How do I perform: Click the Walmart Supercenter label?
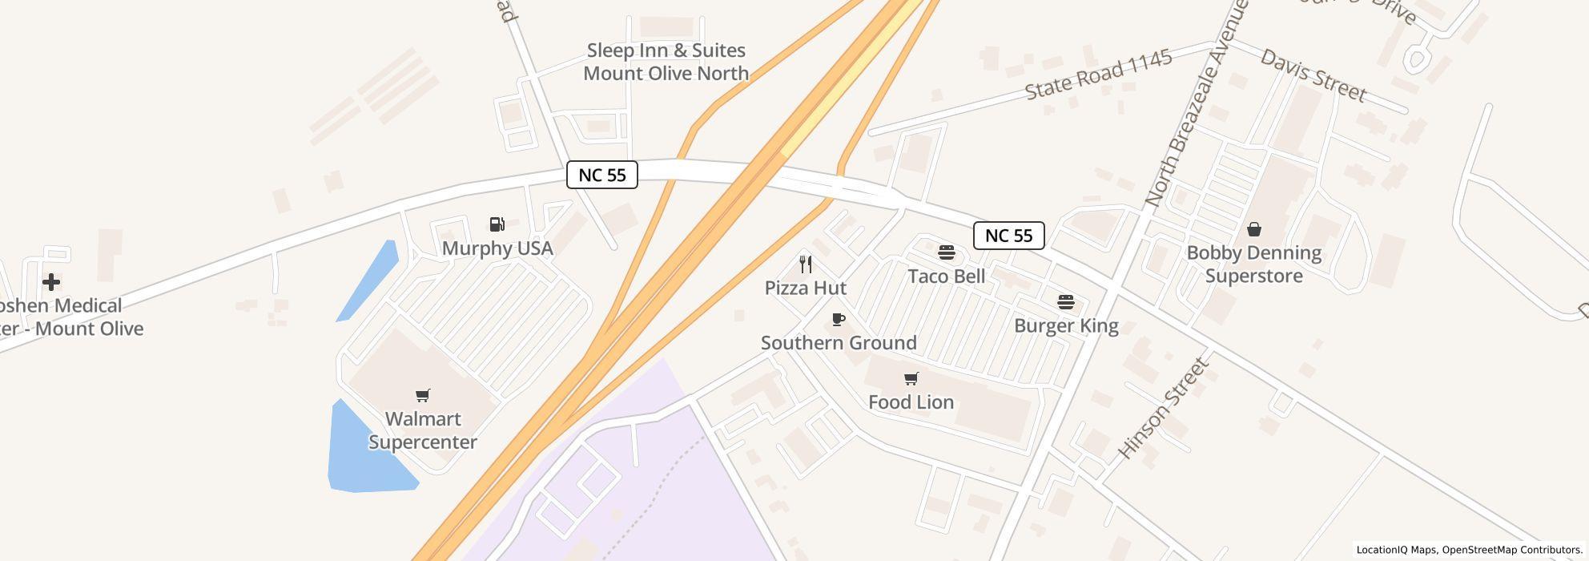coord(422,430)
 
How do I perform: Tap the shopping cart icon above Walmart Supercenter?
coord(423,395)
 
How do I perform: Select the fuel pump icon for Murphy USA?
coord(497,224)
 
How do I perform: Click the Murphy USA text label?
coord(497,248)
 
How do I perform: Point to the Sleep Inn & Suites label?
coord(666,62)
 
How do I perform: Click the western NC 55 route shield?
coord(602,175)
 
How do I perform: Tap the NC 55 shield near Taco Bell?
coord(1008,236)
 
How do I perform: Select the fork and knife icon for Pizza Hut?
coord(806,264)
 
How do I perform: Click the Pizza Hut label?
coord(806,288)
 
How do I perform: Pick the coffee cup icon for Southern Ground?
coord(839,320)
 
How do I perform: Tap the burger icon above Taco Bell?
coord(946,253)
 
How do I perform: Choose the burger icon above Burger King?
coord(1066,302)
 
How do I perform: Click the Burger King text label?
coord(1066,325)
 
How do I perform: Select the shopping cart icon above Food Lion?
coord(911,378)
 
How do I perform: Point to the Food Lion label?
coord(911,402)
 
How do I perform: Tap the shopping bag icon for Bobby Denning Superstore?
coord(1253,229)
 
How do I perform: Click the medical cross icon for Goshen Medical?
coord(51,282)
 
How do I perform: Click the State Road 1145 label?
coord(1099,75)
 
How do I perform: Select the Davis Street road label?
coord(1313,75)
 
